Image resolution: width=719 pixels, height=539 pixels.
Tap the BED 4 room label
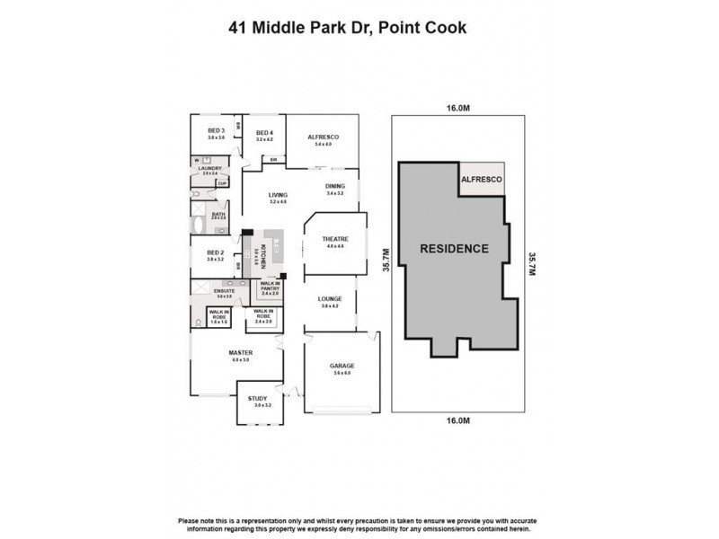(x=263, y=134)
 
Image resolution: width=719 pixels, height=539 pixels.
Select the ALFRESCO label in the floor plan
(x=321, y=137)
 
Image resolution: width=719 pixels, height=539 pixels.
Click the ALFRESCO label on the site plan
(x=482, y=180)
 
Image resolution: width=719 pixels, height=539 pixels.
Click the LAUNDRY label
(x=210, y=167)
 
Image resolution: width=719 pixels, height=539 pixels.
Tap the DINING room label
(x=335, y=188)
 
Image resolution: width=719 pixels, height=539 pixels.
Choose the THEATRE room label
(x=335, y=239)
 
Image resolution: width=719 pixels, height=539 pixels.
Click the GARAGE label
(x=342, y=366)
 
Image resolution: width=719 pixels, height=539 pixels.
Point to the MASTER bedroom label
(x=240, y=353)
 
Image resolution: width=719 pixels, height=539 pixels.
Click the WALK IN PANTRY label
(x=271, y=287)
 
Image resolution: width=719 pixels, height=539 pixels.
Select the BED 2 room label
(x=215, y=253)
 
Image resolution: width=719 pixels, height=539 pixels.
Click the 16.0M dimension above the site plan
(x=458, y=109)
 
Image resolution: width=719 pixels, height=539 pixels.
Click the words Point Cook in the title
(x=422, y=27)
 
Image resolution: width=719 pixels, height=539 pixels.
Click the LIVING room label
(x=278, y=195)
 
